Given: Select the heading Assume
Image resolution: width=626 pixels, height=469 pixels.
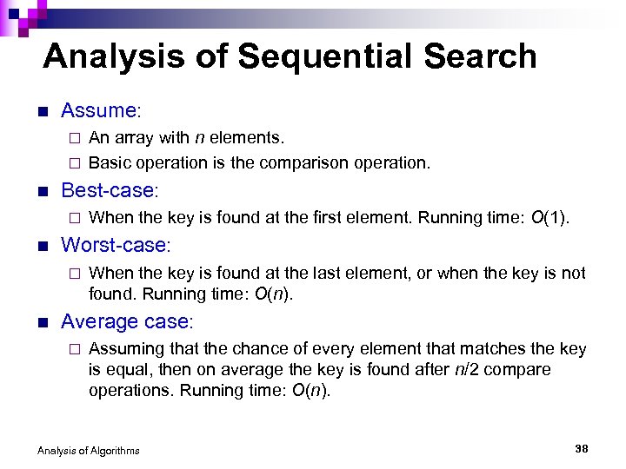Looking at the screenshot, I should pos(99,110).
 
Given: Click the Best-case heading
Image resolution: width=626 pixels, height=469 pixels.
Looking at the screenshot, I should pos(109,190).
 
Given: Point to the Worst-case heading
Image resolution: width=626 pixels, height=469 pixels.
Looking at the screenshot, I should pos(116,245).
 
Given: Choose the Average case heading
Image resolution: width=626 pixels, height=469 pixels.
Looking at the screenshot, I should pos(125,321).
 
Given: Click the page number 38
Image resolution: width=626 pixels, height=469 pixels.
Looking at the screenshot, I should pos(582,448).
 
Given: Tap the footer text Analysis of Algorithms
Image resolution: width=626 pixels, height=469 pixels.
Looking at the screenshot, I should pos(88,450).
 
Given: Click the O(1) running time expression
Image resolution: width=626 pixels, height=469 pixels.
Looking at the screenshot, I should pos(549,217).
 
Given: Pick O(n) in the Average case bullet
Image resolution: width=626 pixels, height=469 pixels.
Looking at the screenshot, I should pos(310,390).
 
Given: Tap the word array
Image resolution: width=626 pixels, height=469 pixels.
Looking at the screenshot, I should pos(131,137).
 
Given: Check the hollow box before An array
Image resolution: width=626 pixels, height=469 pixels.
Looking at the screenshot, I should pos(75,137).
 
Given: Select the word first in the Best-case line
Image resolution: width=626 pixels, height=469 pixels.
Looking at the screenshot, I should pos(344,217).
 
